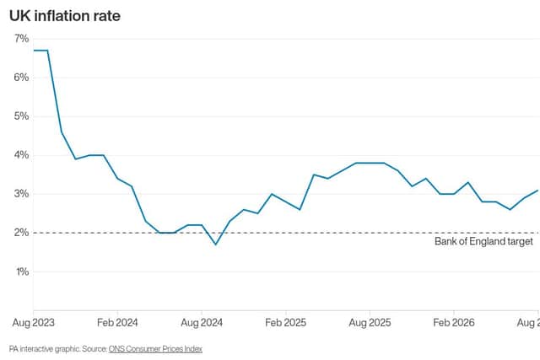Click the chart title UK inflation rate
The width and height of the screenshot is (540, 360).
[65, 16]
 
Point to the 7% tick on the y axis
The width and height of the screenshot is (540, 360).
[21, 39]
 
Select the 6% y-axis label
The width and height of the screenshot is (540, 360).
[21, 78]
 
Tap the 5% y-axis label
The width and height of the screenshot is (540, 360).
[21, 116]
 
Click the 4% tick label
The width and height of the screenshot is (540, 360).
[21, 155]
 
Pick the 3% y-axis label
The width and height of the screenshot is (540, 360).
[21, 194]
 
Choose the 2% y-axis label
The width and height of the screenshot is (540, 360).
[21, 233]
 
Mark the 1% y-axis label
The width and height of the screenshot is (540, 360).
[23, 271]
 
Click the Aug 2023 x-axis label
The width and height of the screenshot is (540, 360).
[34, 323]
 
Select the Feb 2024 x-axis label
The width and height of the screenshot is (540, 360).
[117, 323]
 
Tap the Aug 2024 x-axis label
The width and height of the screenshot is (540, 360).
[202, 323]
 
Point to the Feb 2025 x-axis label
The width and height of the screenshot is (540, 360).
[285, 323]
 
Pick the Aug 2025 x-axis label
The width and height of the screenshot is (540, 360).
[370, 323]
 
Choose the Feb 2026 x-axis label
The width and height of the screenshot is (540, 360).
[454, 323]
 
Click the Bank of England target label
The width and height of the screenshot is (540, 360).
[483, 242]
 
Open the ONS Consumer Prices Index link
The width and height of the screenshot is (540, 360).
[155, 349]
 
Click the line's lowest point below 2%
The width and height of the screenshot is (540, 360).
[216, 244]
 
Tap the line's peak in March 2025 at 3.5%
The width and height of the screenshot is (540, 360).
[314, 175]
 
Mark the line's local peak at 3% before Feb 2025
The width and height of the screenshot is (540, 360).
[272, 194]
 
